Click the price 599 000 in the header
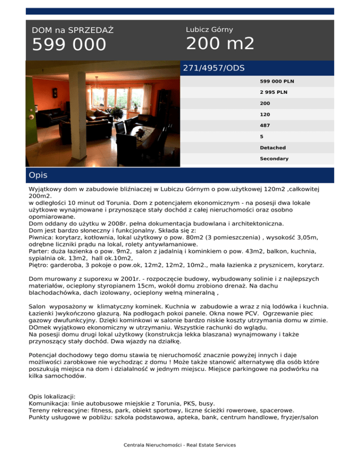click(x=69, y=45)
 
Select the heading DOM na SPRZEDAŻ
click(x=73, y=30)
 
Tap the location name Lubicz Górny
click(x=210, y=30)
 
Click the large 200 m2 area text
click(x=220, y=44)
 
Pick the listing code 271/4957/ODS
click(x=214, y=68)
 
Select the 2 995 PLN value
click(x=273, y=92)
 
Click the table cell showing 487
click(x=265, y=126)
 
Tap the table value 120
click(x=265, y=114)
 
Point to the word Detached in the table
click(x=273, y=148)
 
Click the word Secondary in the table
click(x=274, y=159)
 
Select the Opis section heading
click(x=37, y=175)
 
